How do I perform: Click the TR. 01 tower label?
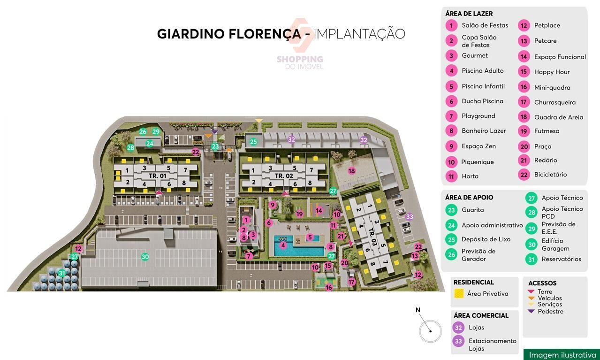158,176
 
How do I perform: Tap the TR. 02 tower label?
283,176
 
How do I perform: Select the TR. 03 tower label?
372,232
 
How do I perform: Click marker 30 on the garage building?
145,257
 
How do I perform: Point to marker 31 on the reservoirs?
61,273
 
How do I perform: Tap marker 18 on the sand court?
351,171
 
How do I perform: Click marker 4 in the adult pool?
283,245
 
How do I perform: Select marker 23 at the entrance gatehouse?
215,146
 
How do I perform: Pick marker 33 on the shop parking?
410,216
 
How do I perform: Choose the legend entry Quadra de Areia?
559,117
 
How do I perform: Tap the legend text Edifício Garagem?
555,245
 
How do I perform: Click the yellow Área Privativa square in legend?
460,294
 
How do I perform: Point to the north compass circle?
430,331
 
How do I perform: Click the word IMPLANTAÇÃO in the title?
359,34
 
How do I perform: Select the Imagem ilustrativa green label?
562,355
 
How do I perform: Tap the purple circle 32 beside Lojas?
459,328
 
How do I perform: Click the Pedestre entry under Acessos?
550,311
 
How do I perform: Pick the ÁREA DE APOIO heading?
469,198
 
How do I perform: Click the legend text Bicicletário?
550,175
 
